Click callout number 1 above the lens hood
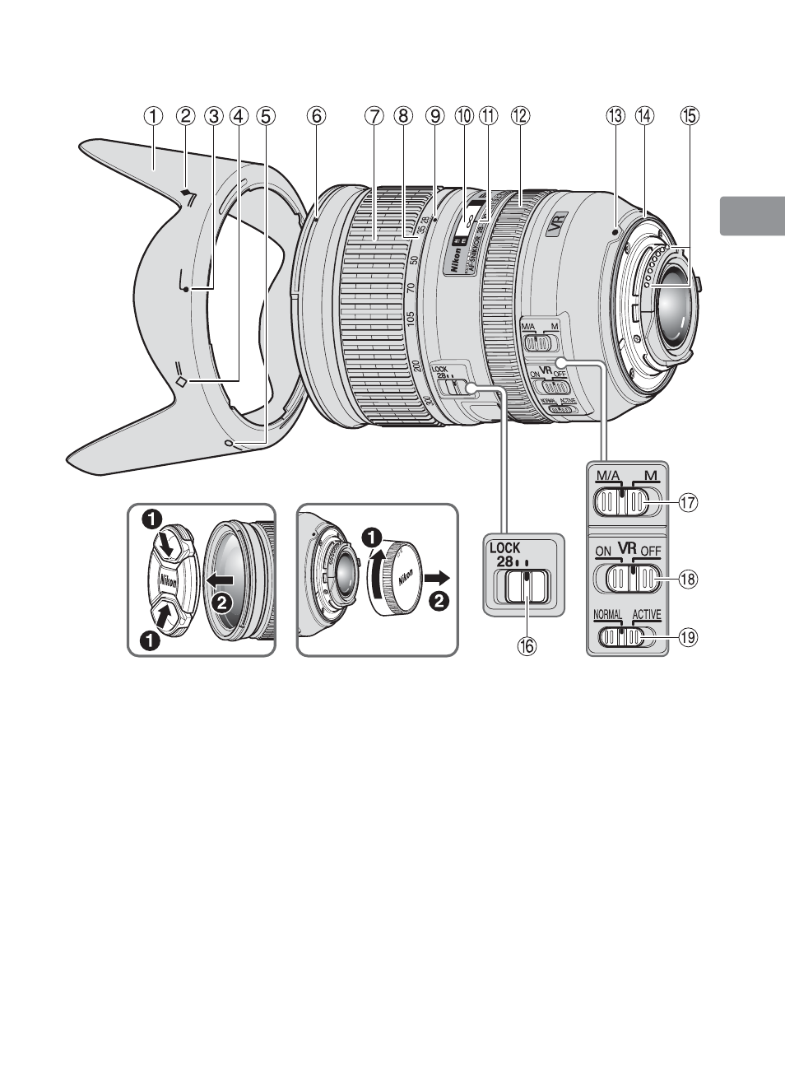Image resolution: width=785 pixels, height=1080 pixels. [154, 116]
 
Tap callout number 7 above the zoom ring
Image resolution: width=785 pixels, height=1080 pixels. [375, 116]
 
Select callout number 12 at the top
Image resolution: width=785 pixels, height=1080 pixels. [518, 116]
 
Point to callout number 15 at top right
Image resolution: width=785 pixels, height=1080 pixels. [689, 116]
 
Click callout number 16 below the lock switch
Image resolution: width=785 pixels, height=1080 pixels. [526, 646]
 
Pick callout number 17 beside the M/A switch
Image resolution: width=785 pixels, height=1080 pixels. [688, 501]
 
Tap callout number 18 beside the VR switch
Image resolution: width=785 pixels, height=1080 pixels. [688, 580]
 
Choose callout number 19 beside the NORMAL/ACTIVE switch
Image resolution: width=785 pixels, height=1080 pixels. [688, 636]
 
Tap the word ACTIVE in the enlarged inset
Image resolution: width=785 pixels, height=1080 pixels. [646, 615]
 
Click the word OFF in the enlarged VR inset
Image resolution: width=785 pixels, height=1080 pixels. [651, 551]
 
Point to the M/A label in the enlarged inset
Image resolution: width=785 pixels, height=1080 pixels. [608, 476]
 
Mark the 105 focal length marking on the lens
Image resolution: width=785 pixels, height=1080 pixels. [412, 318]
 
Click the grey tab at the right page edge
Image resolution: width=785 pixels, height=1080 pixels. [752, 215]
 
